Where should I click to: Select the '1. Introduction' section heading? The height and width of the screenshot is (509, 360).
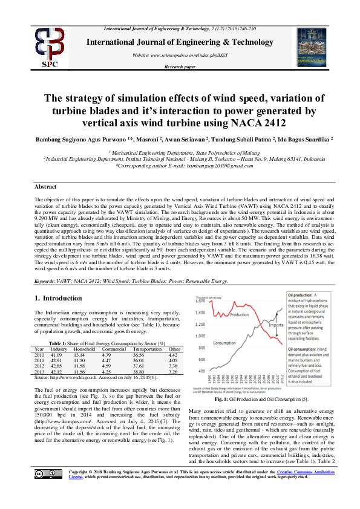point(58,298)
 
